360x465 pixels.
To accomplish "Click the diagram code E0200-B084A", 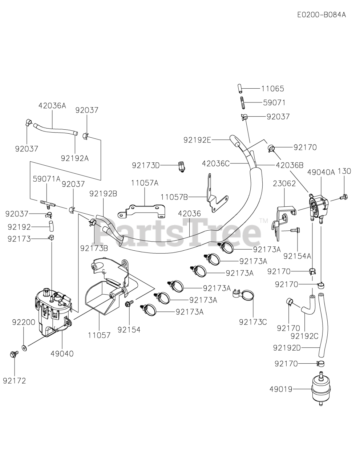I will pos(321,15).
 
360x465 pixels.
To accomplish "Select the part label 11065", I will pos(272,89).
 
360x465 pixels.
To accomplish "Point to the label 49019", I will pos(281,389).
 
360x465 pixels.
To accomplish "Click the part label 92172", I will pos(15,381).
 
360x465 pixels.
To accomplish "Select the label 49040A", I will pos(321,172).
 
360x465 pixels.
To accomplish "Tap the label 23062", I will pos(284,184).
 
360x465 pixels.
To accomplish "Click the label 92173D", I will pos(146,165).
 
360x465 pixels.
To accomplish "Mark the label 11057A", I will pos(145,183).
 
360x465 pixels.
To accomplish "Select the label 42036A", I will pos(52,105).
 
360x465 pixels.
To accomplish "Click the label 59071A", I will pos(46,179).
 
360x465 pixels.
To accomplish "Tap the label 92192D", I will pos(287,348).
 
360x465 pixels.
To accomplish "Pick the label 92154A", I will pos(297,256).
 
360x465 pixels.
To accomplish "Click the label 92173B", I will pos(94,248).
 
